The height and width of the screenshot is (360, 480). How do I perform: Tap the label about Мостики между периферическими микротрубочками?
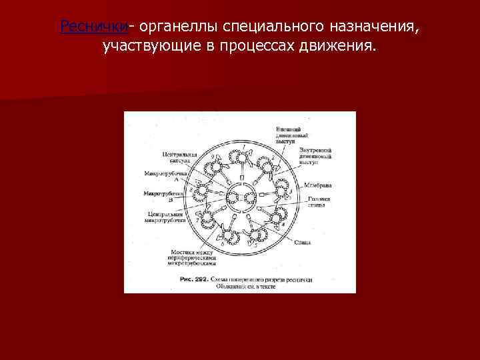coord(193,257)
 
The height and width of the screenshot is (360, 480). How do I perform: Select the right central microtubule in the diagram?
coord(250,197)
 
